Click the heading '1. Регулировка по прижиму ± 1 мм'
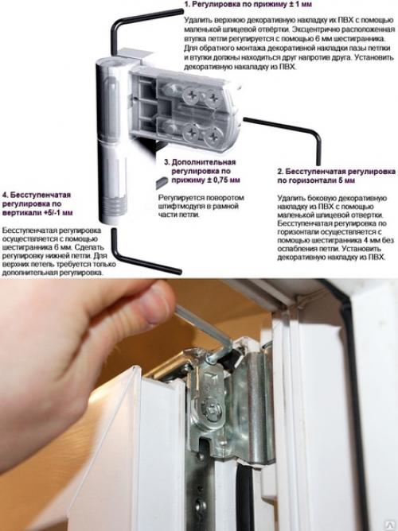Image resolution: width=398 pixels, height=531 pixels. click(x=248, y=5)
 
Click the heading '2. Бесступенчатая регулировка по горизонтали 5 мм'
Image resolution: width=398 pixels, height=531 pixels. click(x=336, y=176)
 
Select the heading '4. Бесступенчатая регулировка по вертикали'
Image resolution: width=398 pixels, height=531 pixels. click(x=37, y=203)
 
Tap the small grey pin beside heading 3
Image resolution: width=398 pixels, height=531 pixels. click(x=162, y=182)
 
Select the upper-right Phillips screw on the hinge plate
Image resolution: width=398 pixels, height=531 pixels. click(x=213, y=98)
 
